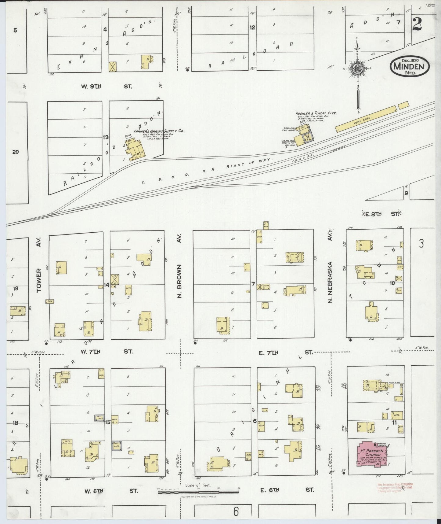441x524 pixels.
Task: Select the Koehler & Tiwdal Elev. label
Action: tap(316, 113)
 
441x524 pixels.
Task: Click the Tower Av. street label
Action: tap(39, 281)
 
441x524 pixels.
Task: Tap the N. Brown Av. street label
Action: tap(179, 281)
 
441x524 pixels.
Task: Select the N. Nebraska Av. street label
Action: tap(330, 281)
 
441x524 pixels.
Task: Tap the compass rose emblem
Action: tap(356, 68)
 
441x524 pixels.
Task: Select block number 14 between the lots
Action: tap(107, 285)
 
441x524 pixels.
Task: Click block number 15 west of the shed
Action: tap(107, 423)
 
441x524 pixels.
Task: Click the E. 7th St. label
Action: tap(285, 352)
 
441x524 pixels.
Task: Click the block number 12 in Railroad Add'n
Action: tap(252, 27)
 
